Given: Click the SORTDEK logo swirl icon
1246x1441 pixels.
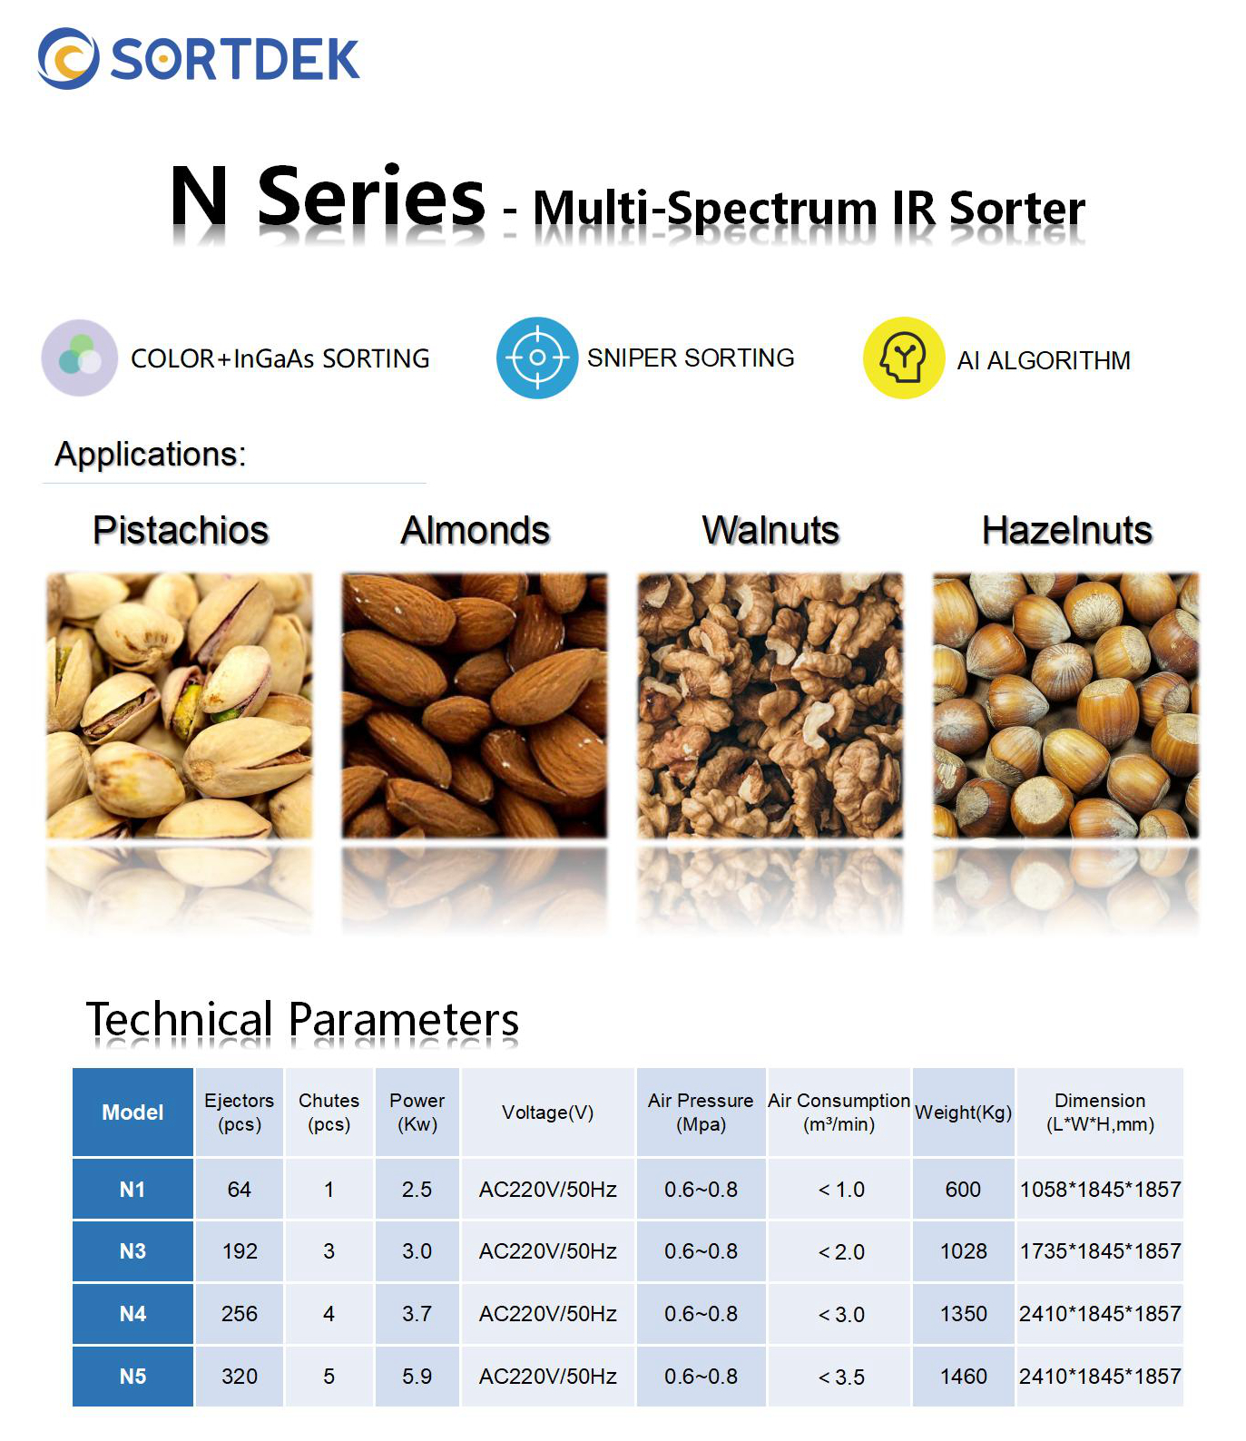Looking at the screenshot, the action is coord(68,59).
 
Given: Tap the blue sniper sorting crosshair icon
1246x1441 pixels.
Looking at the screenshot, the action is coord(537,358).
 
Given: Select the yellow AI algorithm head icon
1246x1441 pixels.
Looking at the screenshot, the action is coord(904,358).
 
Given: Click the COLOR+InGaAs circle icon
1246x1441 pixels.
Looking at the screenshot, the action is coord(80,358).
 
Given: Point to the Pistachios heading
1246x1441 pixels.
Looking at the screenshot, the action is coord(181,530).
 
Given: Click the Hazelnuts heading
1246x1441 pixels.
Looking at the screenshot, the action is coord(1067,530).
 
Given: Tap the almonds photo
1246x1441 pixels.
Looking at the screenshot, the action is coord(475,705).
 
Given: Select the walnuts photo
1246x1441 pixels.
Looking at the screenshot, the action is coord(770,705).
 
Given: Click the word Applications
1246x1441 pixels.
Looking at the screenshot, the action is coord(151,454).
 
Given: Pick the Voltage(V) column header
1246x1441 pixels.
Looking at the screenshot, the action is coord(548,1113).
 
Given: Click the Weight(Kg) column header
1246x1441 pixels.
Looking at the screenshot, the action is coord(963,1113).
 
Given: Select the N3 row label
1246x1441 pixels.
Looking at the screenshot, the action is coord(132,1251).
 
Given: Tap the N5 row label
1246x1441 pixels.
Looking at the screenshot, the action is coord(132,1377).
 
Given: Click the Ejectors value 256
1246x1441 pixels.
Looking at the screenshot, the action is coord(240,1314).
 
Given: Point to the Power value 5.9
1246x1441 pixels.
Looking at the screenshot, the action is coord(417,1377).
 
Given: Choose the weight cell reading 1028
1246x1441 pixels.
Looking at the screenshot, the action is coord(964,1251).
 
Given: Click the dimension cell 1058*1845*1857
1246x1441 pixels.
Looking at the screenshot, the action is coord(1100,1189).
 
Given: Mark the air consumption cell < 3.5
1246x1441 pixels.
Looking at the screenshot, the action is coord(841,1377).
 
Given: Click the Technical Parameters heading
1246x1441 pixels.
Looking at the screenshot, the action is coord(302,1020).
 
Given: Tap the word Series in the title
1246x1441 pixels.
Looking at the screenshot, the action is coord(372,196).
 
